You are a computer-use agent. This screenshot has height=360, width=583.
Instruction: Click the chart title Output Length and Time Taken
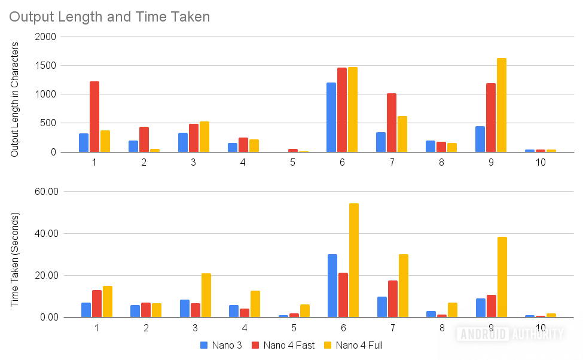tap(109, 17)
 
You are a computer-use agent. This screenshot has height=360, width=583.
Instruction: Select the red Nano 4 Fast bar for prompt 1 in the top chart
tap(94, 117)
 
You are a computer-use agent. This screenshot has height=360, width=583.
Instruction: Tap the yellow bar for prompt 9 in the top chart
tap(502, 105)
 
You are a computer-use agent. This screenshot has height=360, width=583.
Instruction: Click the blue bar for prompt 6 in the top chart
tap(331, 117)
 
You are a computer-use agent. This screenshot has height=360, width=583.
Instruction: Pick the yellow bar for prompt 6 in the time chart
tap(354, 260)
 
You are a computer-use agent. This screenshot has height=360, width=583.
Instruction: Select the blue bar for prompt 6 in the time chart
tap(332, 285)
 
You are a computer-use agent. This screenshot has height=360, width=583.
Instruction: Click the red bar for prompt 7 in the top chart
tap(392, 123)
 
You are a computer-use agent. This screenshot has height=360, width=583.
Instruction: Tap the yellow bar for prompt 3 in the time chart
tap(206, 295)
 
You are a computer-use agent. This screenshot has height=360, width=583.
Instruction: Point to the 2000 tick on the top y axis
tap(45, 37)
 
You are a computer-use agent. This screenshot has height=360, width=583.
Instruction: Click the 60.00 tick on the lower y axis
tap(43, 192)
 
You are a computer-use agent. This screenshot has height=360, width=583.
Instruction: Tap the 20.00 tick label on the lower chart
tap(43, 276)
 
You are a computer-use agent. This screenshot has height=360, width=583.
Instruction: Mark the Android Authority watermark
tap(510, 334)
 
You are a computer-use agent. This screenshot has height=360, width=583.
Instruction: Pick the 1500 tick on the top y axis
tap(45, 66)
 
